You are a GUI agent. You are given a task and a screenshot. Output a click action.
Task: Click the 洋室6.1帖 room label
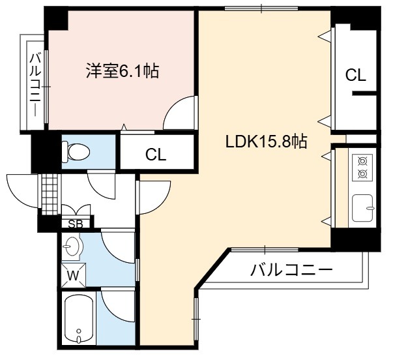123,70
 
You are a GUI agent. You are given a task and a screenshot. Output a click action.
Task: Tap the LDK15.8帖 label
266,142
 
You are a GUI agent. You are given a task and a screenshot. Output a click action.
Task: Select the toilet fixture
76,151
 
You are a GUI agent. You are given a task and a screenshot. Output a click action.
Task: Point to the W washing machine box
74,275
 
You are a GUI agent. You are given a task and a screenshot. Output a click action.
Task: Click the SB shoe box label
76,224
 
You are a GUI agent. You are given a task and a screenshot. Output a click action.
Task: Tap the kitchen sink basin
362,208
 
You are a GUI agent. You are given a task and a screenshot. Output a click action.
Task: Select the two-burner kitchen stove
362,168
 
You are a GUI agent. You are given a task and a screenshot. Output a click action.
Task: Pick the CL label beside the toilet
156,155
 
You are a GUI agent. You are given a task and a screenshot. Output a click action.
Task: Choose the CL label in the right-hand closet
356,75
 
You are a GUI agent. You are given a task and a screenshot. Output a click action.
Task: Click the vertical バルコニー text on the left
35,85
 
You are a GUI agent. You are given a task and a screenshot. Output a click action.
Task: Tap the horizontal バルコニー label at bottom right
291,270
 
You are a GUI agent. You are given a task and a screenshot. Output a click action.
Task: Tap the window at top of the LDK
261,8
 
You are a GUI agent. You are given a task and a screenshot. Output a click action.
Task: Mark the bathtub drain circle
79,331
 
